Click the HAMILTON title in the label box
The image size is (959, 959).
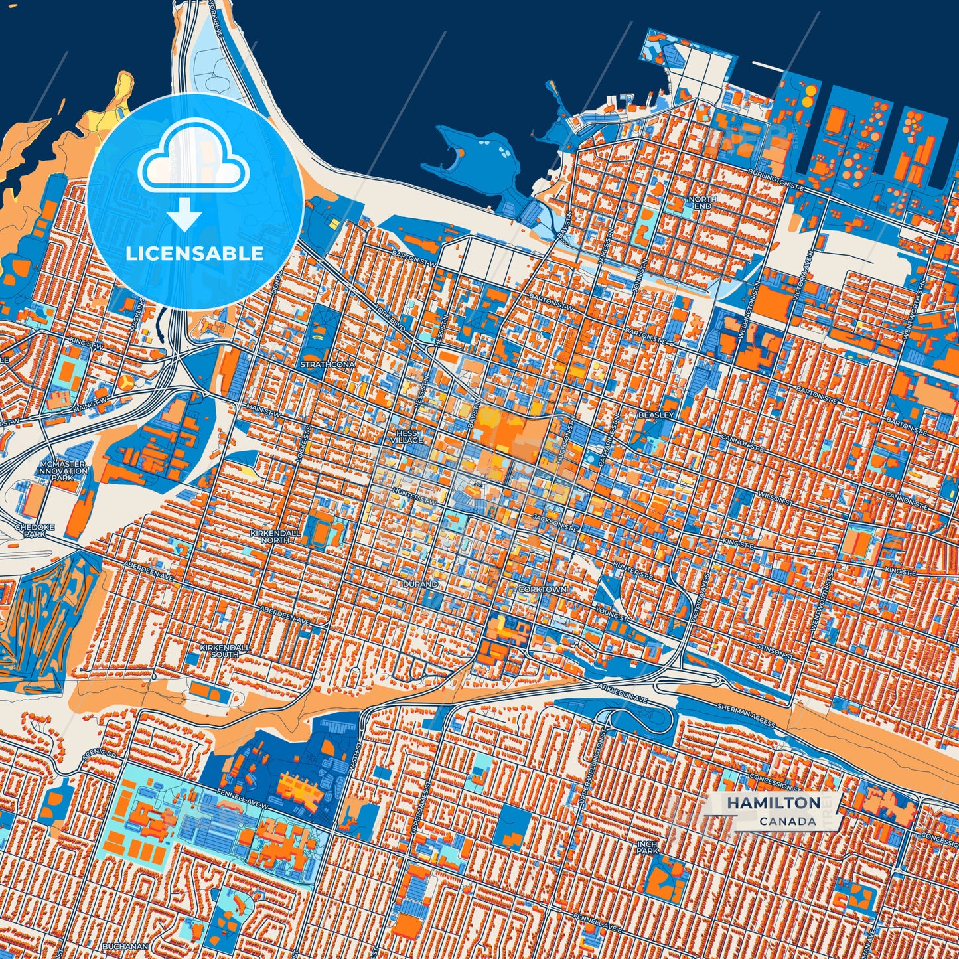[x=773, y=802]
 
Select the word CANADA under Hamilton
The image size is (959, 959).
[x=788, y=821]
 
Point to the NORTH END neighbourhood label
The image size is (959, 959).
[x=701, y=202]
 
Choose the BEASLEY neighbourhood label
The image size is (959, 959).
[x=655, y=415]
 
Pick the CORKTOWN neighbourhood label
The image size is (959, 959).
[x=543, y=589]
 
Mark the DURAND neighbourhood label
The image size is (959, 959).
[x=420, y=585]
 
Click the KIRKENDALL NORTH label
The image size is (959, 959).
[x=275, y=536]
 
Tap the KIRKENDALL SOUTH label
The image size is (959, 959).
[x=224, y=650]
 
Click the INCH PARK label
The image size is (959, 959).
[x=647, y=847]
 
